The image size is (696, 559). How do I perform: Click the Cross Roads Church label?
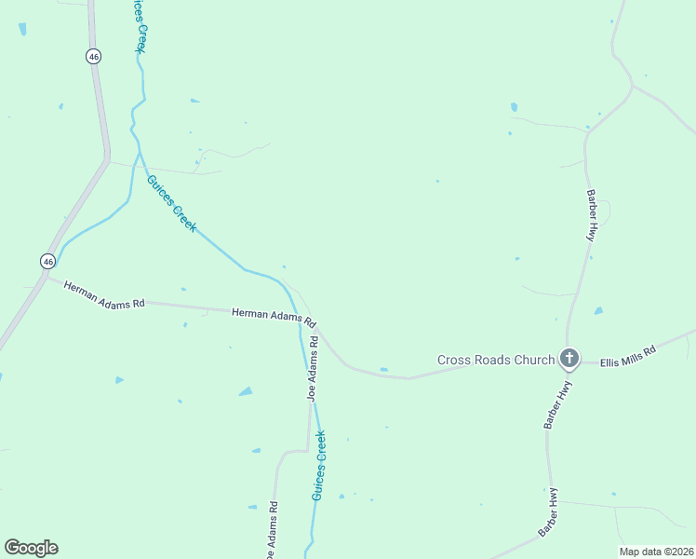coord(496,360)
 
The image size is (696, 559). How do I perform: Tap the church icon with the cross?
coord(569,358)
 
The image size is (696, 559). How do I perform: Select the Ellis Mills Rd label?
coord(628,356)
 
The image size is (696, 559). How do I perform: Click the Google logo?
coord(31,548)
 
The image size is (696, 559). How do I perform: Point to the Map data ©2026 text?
coord(656,552)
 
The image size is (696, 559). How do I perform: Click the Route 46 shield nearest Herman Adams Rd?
coord(47,261)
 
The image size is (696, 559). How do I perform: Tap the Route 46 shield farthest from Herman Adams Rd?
coord(93,56)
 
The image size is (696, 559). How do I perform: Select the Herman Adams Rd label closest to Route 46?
coord(105,295)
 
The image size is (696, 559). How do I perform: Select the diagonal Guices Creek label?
coord(171,204)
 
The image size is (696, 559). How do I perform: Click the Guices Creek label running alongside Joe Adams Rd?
coord(319,466)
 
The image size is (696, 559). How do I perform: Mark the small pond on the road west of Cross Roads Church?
coord(383,370)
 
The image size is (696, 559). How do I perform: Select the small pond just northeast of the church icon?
coord(598,310)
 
